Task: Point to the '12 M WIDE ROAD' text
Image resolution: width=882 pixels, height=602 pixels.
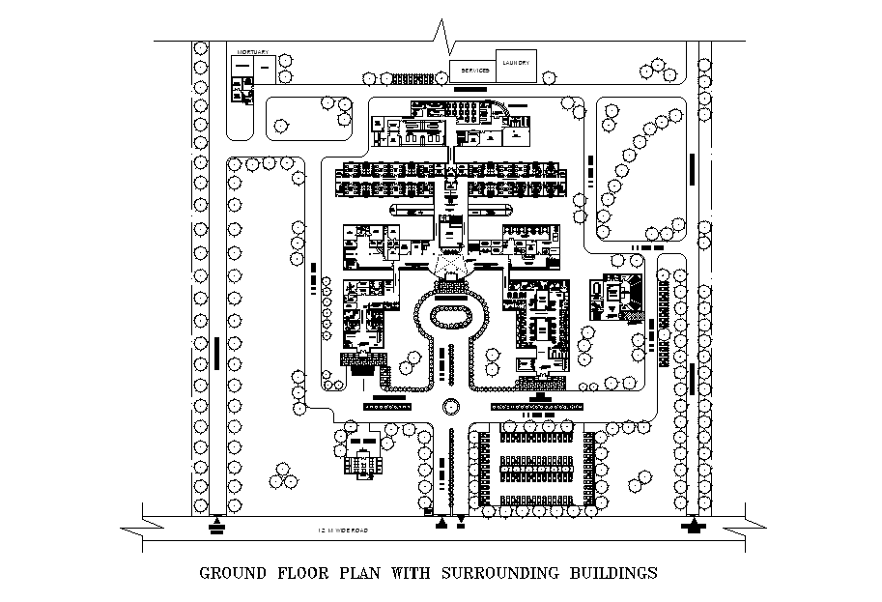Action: click(x=342, y=530)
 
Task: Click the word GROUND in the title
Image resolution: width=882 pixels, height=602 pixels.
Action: click(x=234, y=572)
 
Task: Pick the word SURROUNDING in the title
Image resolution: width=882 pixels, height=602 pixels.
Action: click(x=490, y=572)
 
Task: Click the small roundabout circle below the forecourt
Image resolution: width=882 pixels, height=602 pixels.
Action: click(x=449, y=408)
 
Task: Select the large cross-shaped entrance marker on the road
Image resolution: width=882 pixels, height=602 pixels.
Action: click(x=693, y=526)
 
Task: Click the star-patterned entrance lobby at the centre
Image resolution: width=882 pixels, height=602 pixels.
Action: click(x=450, y=262)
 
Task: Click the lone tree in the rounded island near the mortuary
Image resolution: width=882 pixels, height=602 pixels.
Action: click(x=280, y=124)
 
